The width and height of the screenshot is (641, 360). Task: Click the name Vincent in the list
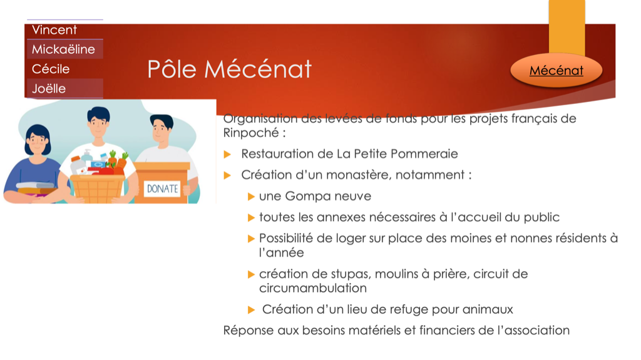click(x=54, y=30)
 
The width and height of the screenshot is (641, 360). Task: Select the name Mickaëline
click(x=63, y=49)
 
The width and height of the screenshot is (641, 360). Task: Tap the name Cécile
click(x=51, y=69)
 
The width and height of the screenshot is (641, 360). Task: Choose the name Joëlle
click(x=49, y=89)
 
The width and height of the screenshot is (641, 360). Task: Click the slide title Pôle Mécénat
click(x=229, y=69)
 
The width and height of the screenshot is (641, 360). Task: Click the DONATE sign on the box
click(x=162, y=188)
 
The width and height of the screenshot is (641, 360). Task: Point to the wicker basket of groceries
click(x=98, y=188)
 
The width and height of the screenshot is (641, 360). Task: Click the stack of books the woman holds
click(x=36, y=188)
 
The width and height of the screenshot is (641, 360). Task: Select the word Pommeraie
click(x=424, y=154)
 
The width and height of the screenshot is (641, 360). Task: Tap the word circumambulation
click(x=313, y=288)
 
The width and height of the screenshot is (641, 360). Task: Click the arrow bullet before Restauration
click(x=228, y=154)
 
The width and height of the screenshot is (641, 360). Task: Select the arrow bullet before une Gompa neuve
click(x=252, y=197)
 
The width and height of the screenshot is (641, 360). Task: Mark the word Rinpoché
click(x=251, y=133)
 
